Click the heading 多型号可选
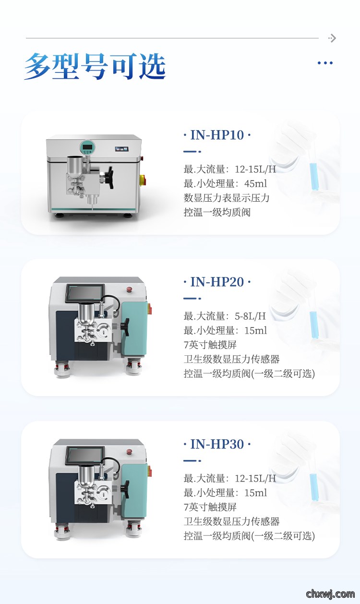point(95,66)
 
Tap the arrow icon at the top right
point(332,38)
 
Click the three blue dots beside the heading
point(325,63)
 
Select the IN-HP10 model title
point(217,135)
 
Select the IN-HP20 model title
point(217,282)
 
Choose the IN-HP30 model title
point(217,444)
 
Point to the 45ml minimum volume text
point(256,183)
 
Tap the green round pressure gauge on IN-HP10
point(88,147)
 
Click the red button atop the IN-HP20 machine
point(130,290)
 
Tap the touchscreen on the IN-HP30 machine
point(84,456)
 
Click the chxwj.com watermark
point(330,593)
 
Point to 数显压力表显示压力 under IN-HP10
point(227,198)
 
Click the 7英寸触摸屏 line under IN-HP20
point(210,345)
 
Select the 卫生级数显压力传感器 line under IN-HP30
point(231,521)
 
